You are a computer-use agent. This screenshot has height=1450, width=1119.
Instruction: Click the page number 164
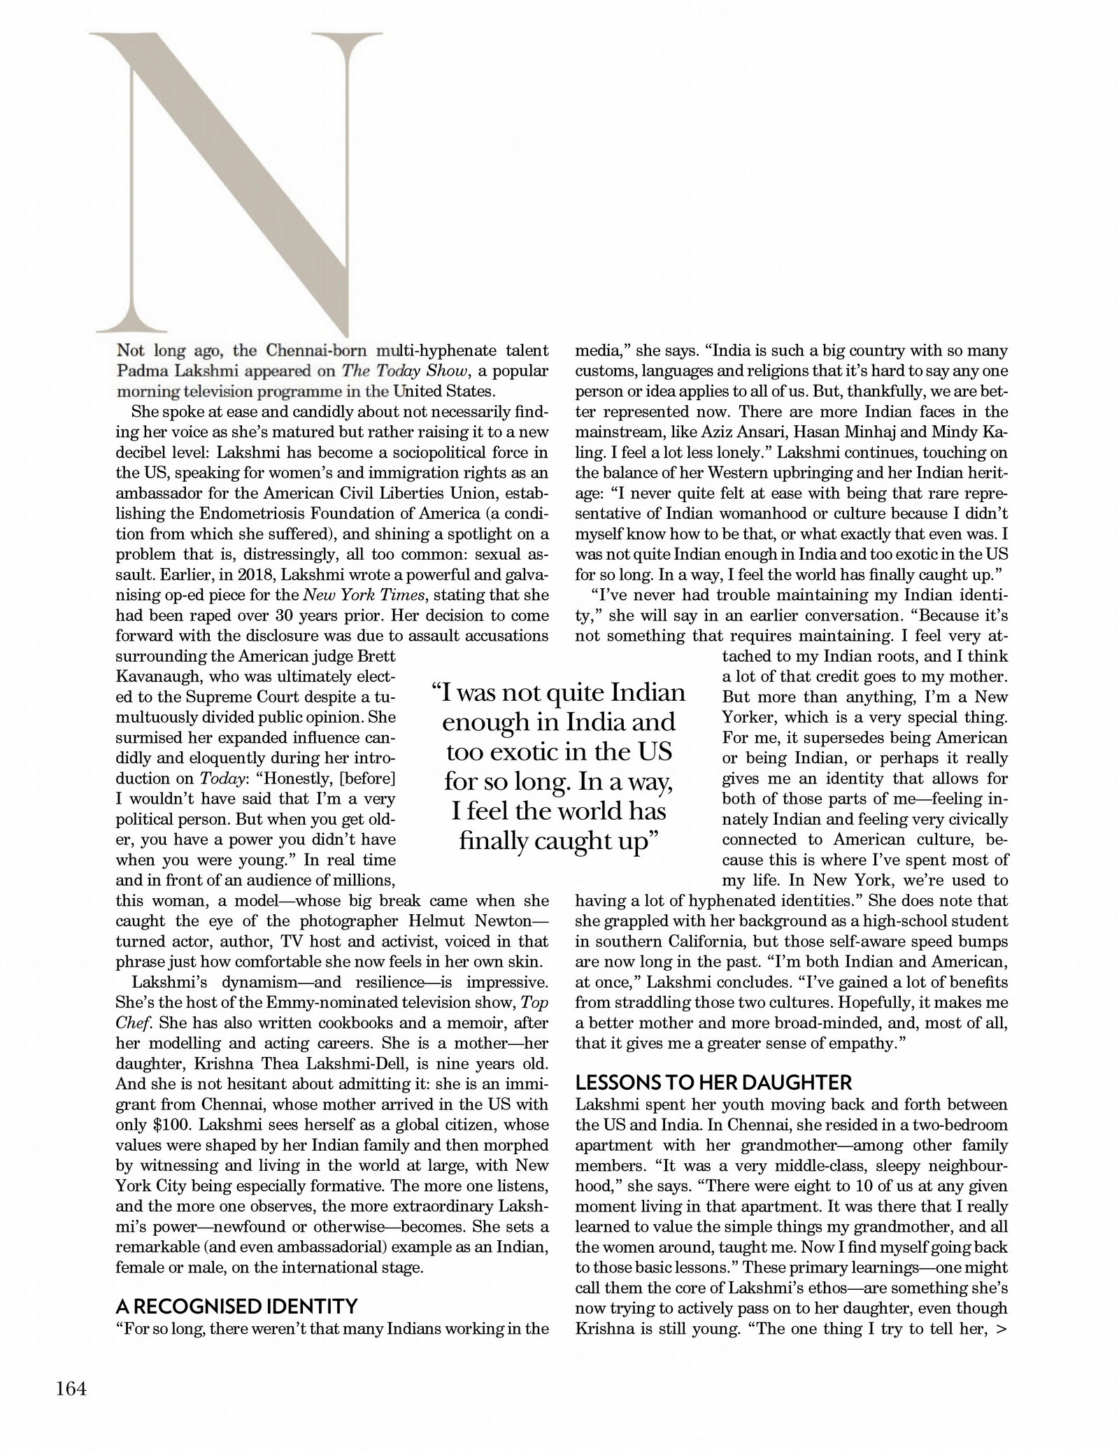pyautogui.click(x=71, y=1388)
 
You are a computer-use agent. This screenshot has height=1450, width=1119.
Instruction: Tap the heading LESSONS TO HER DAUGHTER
pyautogui.click(x=713, y=1083)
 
